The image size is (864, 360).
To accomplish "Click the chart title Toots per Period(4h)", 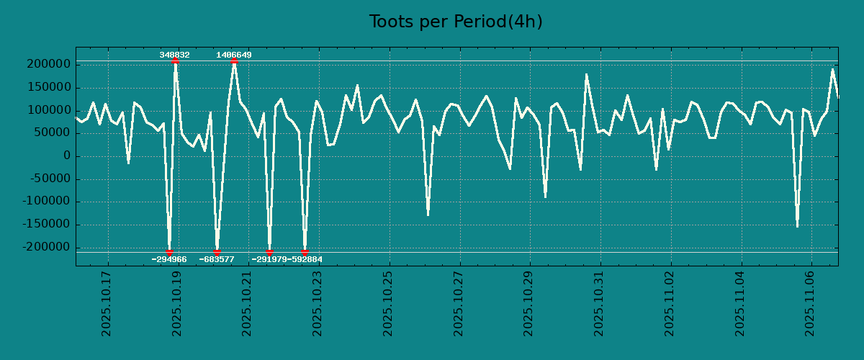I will (x=456, y=22).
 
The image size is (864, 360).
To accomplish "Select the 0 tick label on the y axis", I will (x=66, y=156).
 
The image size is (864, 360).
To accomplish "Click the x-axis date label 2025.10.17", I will (x=106, y=303).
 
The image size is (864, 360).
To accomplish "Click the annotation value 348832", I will (x=175, y=55).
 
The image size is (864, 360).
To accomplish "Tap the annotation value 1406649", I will (x=234, y=55).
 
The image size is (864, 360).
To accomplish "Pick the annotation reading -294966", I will (x=169, y=259).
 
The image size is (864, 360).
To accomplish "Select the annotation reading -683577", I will (x=217, y=259).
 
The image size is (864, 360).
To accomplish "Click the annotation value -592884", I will (x=305, y=259).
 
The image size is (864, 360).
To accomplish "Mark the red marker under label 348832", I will (x=175, y=61).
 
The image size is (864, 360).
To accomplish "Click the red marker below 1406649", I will (x=234, y=61).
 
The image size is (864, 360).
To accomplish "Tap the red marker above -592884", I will (x=305, y=252).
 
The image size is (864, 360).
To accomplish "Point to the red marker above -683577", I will (x=217, y=252).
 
